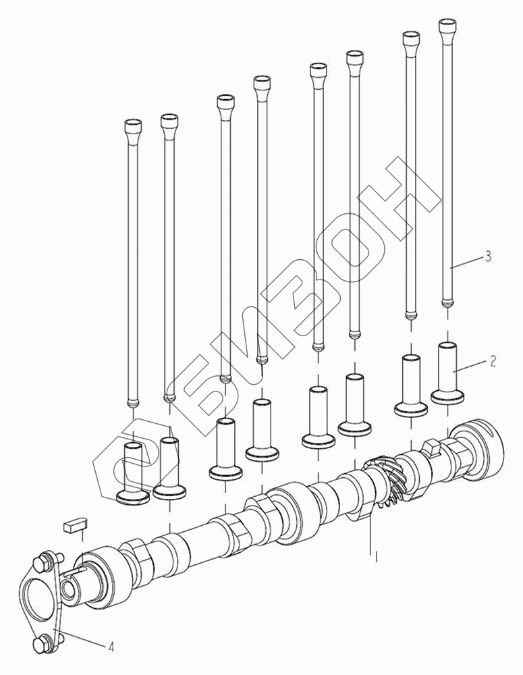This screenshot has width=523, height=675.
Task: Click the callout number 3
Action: (488, 256)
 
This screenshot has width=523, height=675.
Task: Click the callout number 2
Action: (493, 360)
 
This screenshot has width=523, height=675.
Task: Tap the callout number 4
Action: (111, 647)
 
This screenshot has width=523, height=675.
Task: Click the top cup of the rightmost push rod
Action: (447, 27)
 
